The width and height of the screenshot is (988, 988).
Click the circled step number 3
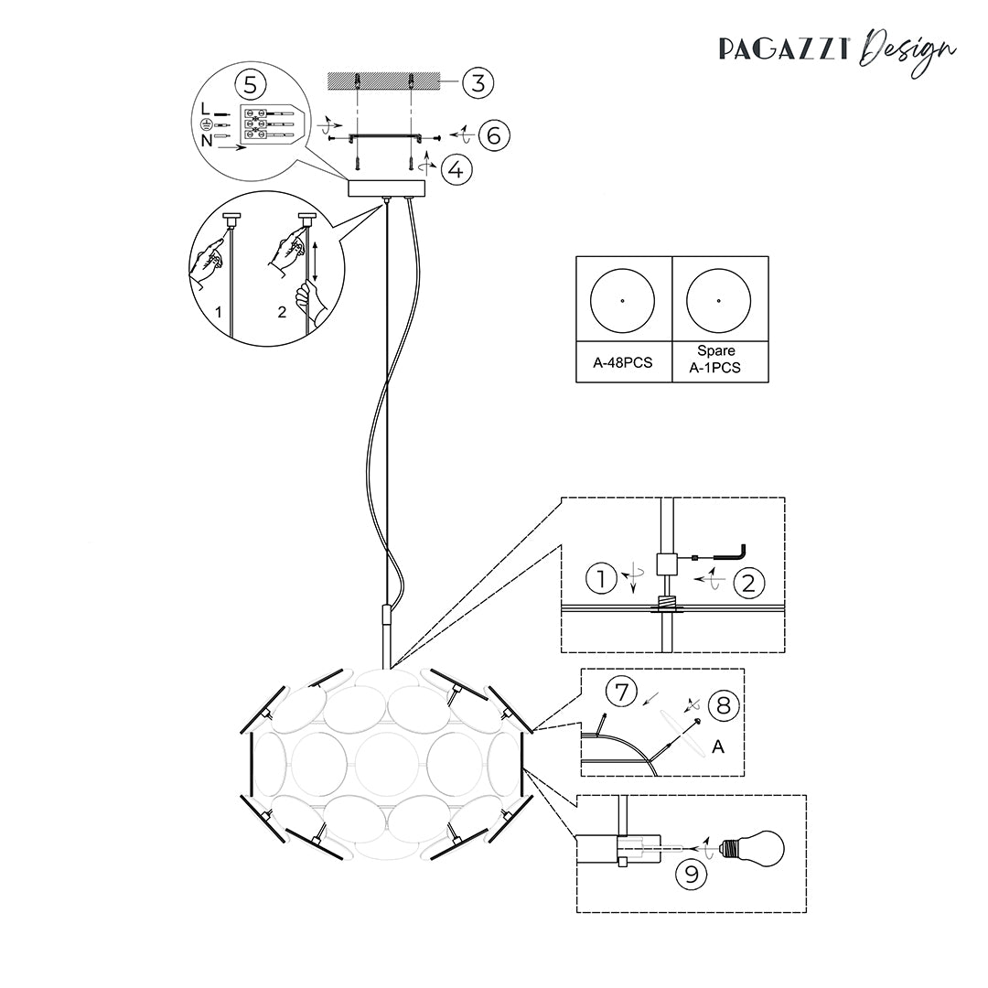point(478,82)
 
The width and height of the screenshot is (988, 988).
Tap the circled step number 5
point(250,84)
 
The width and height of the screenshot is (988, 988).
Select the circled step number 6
point(494,135)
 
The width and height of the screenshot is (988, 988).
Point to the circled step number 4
point(456,169)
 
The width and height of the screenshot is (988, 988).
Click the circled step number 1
point(601,578)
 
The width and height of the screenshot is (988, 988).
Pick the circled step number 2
point(748,583)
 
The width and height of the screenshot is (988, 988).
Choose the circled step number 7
point(622,692)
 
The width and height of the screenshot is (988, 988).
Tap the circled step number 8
point(724,705)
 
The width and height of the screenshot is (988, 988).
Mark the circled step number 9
point(692,875)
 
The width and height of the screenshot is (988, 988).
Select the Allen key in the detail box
point(718,553)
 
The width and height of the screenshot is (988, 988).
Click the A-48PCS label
point(623,363)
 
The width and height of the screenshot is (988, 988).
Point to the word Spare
point(715,351)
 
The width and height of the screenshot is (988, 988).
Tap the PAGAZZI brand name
point(785,49)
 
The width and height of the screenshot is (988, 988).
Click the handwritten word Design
point(907,51)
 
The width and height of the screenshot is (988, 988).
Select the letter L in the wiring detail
point(206,109)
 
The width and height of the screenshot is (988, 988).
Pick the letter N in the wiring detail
point(207,141)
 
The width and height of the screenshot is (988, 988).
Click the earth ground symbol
point(206,124)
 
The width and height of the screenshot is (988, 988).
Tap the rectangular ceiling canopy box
point(387,188)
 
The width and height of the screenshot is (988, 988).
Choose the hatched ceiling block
point(383,81)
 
